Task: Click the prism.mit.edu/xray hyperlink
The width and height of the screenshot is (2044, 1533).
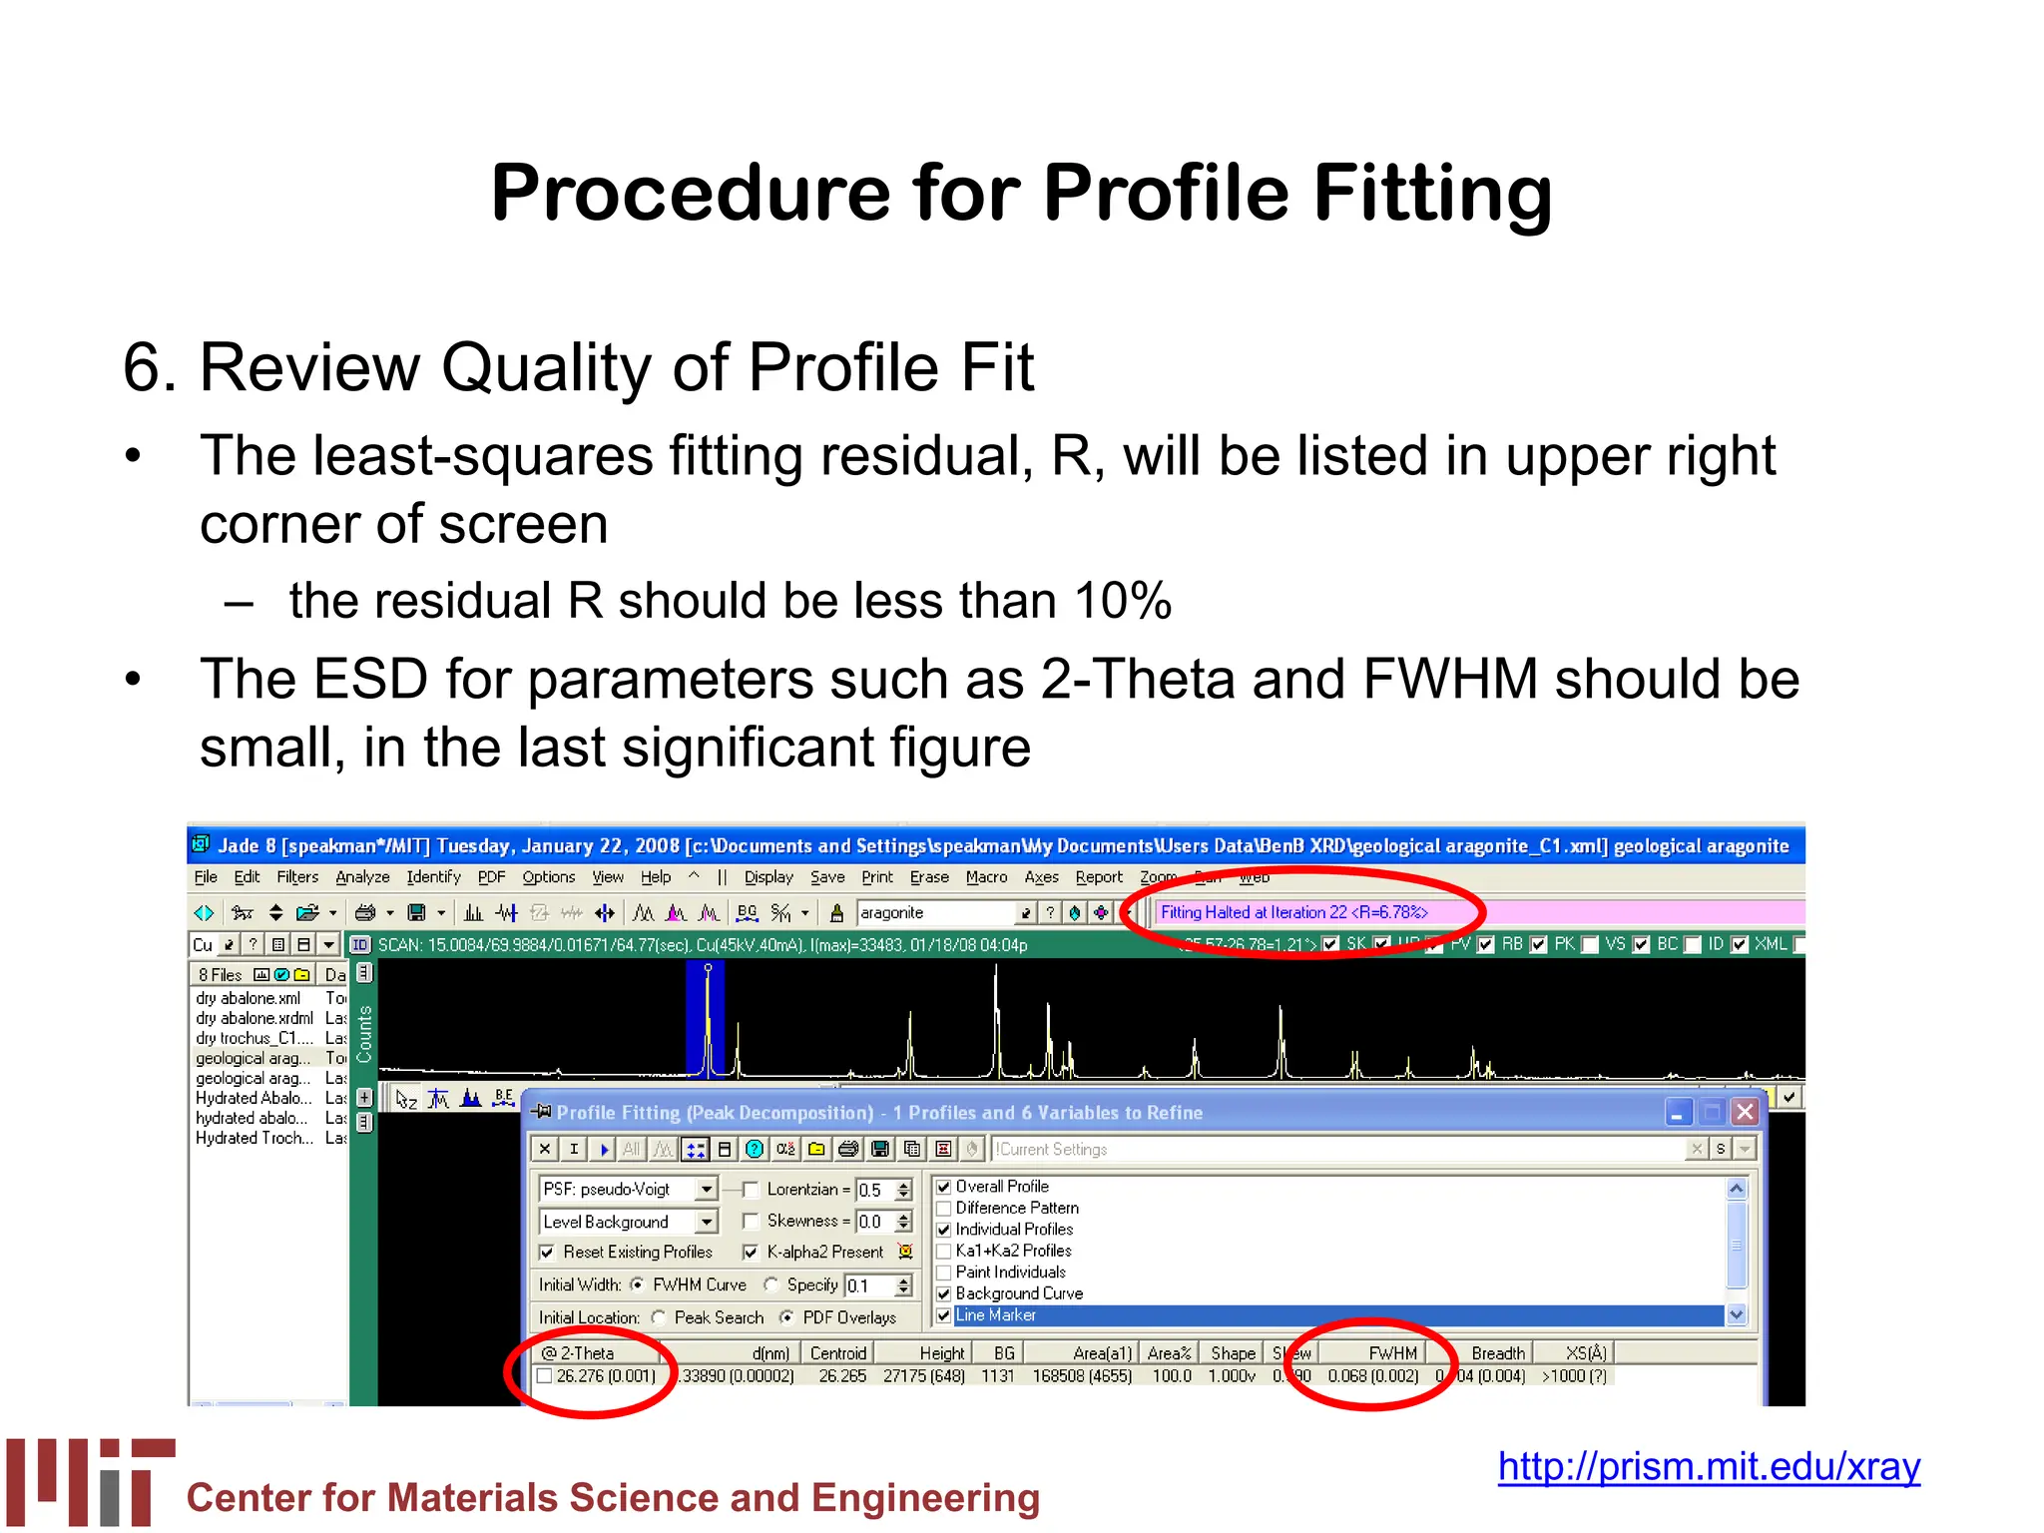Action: pyautogui.click(x=1708, y=1466)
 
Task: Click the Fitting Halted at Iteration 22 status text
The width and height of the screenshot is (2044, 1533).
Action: pyautogui.click(x=1293, y=912)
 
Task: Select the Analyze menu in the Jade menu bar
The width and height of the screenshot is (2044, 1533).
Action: pyautogui.click(x=362, y=877)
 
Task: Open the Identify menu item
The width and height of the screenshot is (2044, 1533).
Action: pyautogui.click(x=433, y=877)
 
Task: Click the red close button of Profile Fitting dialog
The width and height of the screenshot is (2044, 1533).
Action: pyautogui.click(x=1744, y=1112)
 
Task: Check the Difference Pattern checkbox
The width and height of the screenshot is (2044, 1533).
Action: pyautogui.click(x=943, y=1209)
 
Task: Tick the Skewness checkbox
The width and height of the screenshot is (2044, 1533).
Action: pyautogui.click(x=751, y=1222)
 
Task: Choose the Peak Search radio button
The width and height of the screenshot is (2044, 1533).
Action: pyautogui.click(x=659, y=1317)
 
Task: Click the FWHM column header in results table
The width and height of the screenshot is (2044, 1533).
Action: pyautogui.click(x=1392, y=1353)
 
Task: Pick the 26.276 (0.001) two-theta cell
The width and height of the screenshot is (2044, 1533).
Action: pyautogui.click(x=605, y=1376)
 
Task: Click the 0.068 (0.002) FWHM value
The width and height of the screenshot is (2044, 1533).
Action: pyautogui.click(x=1372, y=1376)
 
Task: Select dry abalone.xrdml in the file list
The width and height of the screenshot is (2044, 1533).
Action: pyautogui.click(x=255, y=1018)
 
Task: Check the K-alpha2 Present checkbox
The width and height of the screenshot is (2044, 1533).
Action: pyautogui.click(x=751, y=1252)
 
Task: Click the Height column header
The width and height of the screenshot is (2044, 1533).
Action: pyautogui.click(x=941, y=1353)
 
